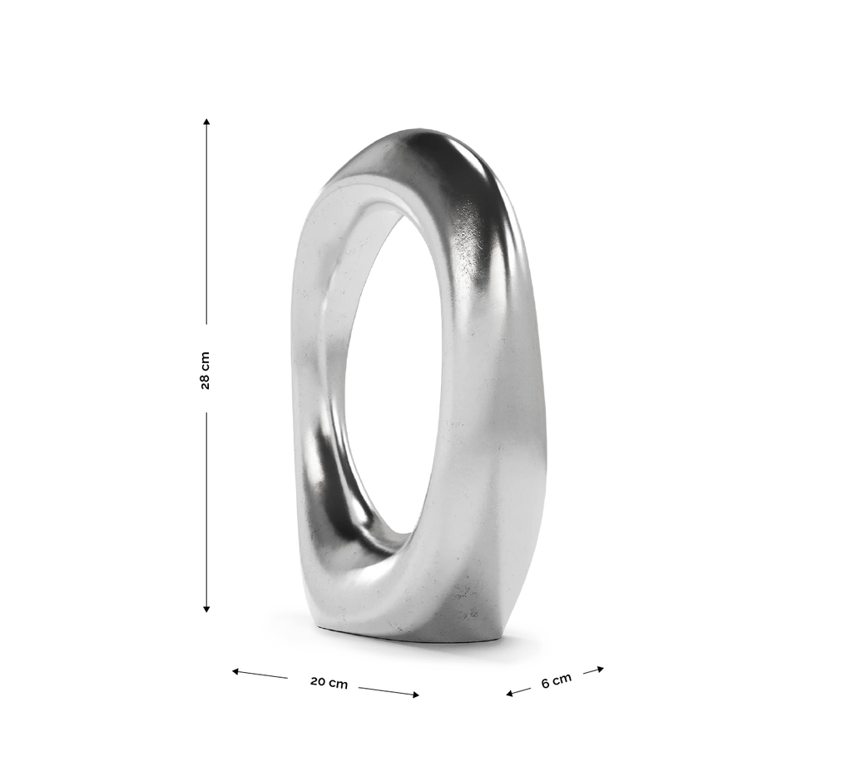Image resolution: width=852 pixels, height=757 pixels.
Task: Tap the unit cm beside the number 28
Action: [x=206, y=361]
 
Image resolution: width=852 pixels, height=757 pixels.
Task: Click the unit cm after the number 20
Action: [x=339, y=684]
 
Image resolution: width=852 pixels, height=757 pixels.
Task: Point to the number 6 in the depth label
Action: [x=546, y=684]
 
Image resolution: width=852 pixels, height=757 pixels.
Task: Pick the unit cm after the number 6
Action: [x=563, y=678]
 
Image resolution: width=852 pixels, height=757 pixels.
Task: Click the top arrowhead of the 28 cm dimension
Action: [x=206, y=122]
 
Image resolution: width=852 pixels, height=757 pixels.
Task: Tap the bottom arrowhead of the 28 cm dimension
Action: [x=206, y=609]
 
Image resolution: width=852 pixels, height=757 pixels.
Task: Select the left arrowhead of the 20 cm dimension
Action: [x=236, y=671]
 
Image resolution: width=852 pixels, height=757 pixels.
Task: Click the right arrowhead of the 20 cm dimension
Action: [x=415, y=695]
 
